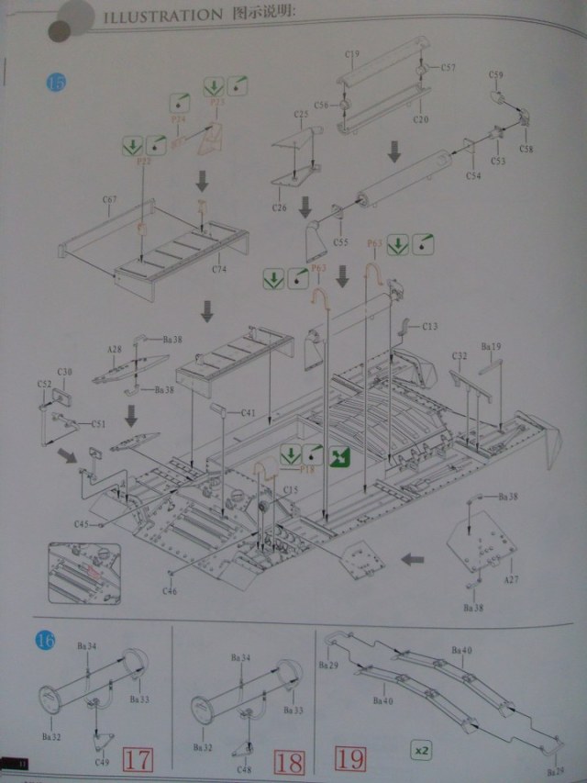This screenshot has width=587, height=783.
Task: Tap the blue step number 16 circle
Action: point(44,639)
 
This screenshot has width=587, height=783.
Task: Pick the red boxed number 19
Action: point(349,760)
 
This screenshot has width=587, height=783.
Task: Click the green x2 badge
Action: point(421,751)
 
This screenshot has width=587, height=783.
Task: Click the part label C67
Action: point(109,199)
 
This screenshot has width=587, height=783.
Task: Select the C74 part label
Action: point(219,269)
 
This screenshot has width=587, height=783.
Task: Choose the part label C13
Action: point(430,326)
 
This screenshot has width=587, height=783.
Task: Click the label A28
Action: point(114,350)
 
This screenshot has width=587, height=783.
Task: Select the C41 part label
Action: point(247,413)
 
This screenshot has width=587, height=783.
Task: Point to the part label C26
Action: point(280,208)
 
